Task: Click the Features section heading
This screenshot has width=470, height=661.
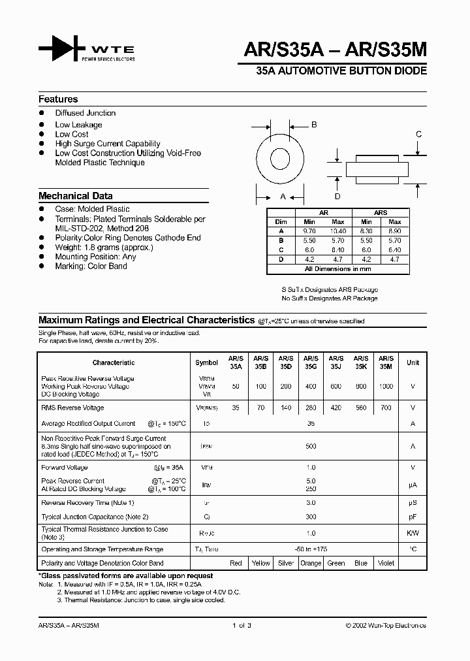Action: pos(58,99)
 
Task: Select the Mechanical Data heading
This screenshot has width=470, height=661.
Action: pos(75,196)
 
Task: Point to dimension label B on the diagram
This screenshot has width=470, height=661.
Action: pos(313,125)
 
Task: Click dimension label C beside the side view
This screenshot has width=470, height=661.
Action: pos(418,135)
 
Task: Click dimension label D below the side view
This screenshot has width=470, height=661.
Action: pos(337,196)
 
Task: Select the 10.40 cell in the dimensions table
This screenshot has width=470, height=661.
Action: pos(338,231)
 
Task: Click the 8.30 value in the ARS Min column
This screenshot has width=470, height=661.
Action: pos(367,231)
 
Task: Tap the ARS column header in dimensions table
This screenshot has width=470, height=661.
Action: pos(381,213)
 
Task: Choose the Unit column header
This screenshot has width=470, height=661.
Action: pos(413,363)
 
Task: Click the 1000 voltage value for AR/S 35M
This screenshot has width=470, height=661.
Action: pos(386,386)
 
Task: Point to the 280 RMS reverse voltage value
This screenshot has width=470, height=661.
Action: pos(311,408)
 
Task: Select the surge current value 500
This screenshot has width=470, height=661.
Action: pos(311,446)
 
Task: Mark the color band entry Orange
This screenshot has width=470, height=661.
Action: pos(311,563)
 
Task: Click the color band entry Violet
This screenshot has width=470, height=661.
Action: pos(386,563)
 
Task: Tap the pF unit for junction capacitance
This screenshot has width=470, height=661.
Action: pos(413,517)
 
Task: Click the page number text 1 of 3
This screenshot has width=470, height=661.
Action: pos(242,625)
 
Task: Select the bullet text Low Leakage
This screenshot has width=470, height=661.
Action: pos(78,125)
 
